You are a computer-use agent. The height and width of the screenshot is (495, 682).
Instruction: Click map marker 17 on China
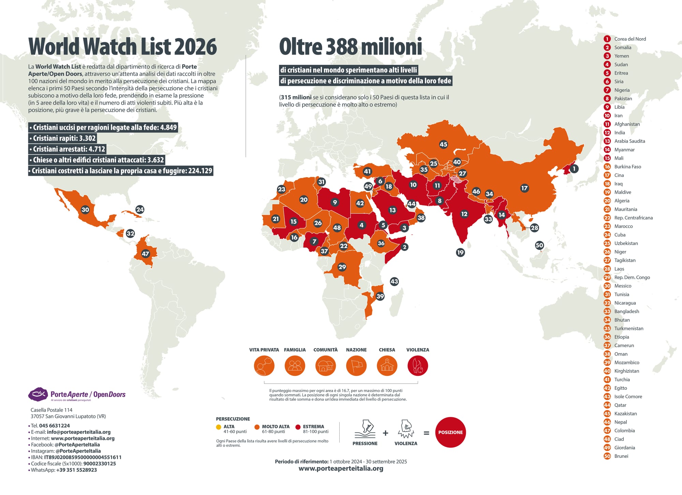524,188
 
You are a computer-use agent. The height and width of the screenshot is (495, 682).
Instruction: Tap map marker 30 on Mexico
85,210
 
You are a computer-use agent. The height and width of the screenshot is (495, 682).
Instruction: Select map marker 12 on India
464,214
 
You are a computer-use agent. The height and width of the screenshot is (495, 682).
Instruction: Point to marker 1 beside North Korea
574,169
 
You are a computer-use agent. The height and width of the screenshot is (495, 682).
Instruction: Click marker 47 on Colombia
146,254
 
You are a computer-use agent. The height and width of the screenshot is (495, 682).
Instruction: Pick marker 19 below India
460,252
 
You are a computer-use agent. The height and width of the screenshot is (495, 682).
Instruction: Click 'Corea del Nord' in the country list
630,39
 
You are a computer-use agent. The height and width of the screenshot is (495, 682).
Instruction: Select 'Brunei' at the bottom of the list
621,456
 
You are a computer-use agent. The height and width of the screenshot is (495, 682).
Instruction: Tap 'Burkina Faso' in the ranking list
627,167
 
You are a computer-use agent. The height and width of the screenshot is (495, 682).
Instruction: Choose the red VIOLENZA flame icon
418,366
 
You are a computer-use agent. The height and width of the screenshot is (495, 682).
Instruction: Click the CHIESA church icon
387,366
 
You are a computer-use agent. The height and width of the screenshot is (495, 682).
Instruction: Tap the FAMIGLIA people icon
295,366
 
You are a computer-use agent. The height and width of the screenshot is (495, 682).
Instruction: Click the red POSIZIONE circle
450,432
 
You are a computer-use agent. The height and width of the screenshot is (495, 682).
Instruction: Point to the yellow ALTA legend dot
219,427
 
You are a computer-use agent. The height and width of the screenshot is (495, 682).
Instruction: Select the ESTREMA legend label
313,427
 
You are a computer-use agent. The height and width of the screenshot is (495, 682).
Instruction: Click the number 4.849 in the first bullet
168,127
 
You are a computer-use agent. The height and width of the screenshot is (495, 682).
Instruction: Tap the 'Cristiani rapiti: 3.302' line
63,138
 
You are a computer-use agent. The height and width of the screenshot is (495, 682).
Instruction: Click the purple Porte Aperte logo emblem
38,394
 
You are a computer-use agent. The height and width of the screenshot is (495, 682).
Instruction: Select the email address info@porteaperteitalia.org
79,432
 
